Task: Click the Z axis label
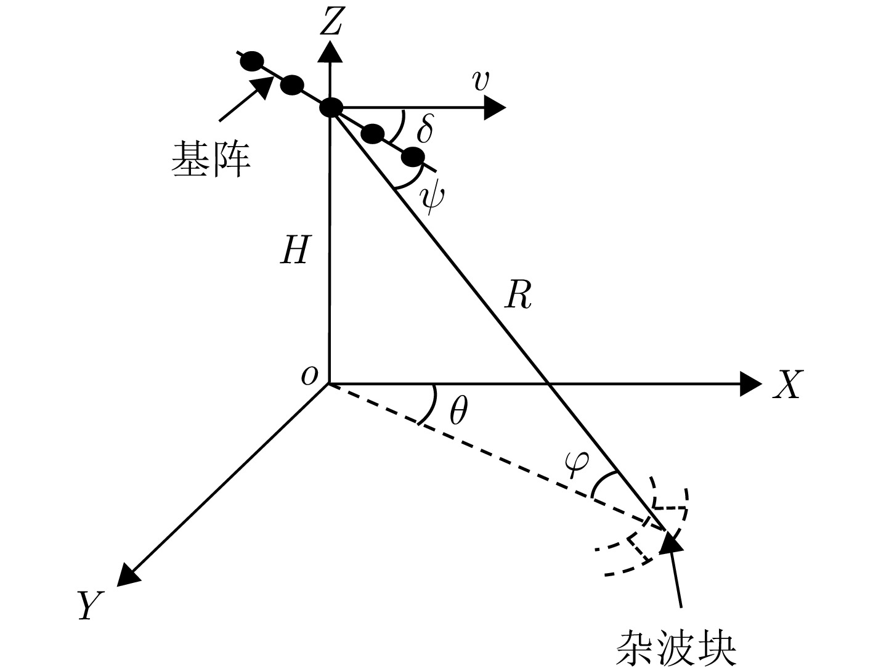point(332,23)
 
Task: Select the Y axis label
point(89,605)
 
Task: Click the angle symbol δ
point(424,129)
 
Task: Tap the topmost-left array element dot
point(252,61)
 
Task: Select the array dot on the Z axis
point(331,108)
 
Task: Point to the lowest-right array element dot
point(413,157)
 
